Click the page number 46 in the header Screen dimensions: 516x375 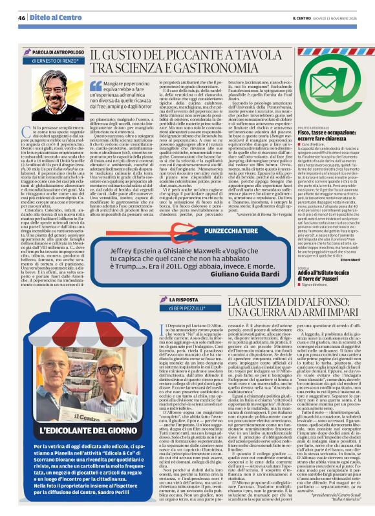pyautogui.click(x=22, y=19)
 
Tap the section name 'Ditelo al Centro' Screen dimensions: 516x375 pyautogui.click(x=49, y=19)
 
